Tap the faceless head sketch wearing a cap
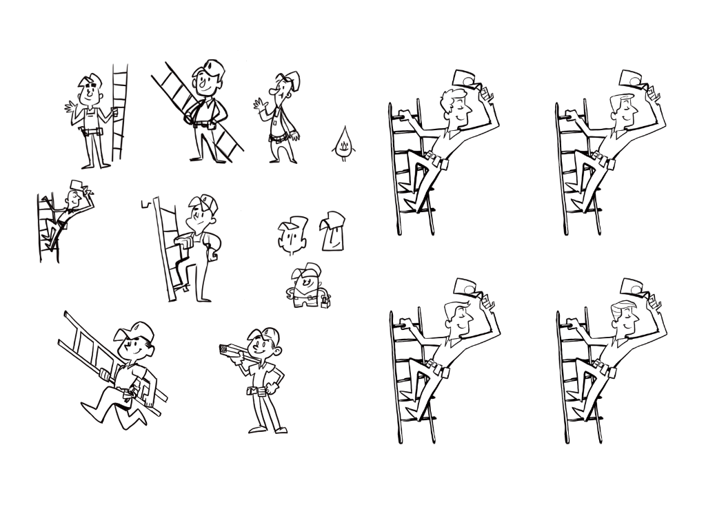pyautogui.click(x=333, y=231)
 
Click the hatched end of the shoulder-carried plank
pyautogui.click(x=224, y=350)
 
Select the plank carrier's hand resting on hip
pyautogui.click(x=279, y=377)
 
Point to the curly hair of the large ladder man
pyautogui.click(x=453, y=96)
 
